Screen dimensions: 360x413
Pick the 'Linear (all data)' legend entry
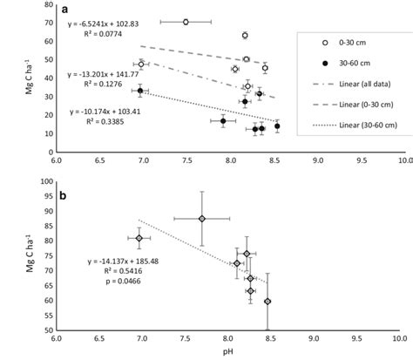click(358, 84)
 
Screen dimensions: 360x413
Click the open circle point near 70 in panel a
click(186, 22)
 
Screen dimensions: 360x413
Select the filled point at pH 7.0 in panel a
click(140, 91)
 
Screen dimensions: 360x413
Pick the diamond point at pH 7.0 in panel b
click(139, 238)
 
